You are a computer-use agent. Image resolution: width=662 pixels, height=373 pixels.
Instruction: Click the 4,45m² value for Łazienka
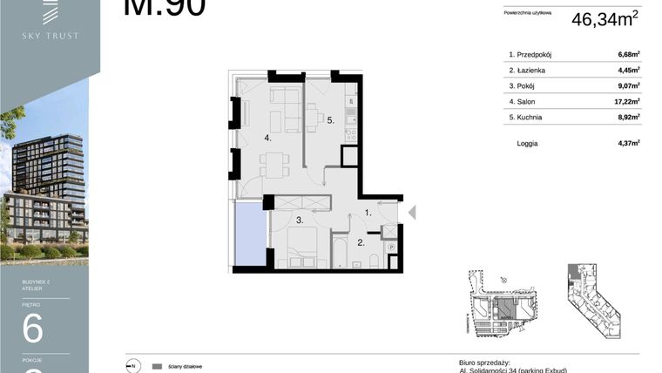tap(628, 71)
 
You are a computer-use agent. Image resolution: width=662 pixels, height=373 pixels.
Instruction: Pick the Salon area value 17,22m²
tap(626, 101)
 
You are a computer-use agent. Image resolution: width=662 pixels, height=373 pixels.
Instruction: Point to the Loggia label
tap(527, 143)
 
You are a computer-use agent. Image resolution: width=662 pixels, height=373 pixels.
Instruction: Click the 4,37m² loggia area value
tap(628, 143)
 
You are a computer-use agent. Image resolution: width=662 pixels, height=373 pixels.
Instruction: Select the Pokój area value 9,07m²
tap(628, 85)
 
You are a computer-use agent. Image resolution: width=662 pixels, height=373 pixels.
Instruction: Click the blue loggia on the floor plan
tap(249, 232)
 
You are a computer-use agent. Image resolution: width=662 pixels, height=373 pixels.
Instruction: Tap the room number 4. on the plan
tap(268, 137)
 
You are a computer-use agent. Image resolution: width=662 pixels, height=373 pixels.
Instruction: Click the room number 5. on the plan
tap(331, 121)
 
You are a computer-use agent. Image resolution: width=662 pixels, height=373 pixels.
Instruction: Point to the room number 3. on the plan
tap(299, 221)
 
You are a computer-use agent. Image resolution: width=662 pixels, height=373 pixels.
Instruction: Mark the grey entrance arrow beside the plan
tap(412, 212)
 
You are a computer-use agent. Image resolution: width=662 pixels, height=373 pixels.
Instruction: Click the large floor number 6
tap(32, 329)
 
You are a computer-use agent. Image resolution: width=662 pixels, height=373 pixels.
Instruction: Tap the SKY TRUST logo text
tap(51, 36)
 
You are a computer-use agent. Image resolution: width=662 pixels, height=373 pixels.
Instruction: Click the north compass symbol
tap(133, 366)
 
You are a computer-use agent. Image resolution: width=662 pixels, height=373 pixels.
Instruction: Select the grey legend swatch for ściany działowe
tap(157, 367)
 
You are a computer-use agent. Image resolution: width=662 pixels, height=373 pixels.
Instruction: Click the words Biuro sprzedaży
tap(483, 362)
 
